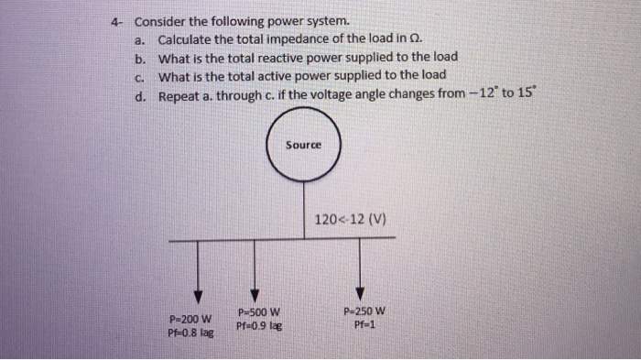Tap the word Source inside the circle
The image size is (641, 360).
pyautogui.click(x=303, y=146)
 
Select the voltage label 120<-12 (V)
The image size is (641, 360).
pyautogui.click(x=351, y=220)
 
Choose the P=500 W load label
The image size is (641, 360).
pyautogui.click(x=258, y=311)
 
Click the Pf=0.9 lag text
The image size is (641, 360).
pyautogui.click(x=258, y=325)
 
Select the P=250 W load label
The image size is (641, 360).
pyautogui.click(x=364, y=311)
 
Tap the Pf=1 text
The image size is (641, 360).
pyautogui.click(x=364, y=323)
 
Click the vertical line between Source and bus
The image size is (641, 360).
pyautogui.click(x=304, y=211)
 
